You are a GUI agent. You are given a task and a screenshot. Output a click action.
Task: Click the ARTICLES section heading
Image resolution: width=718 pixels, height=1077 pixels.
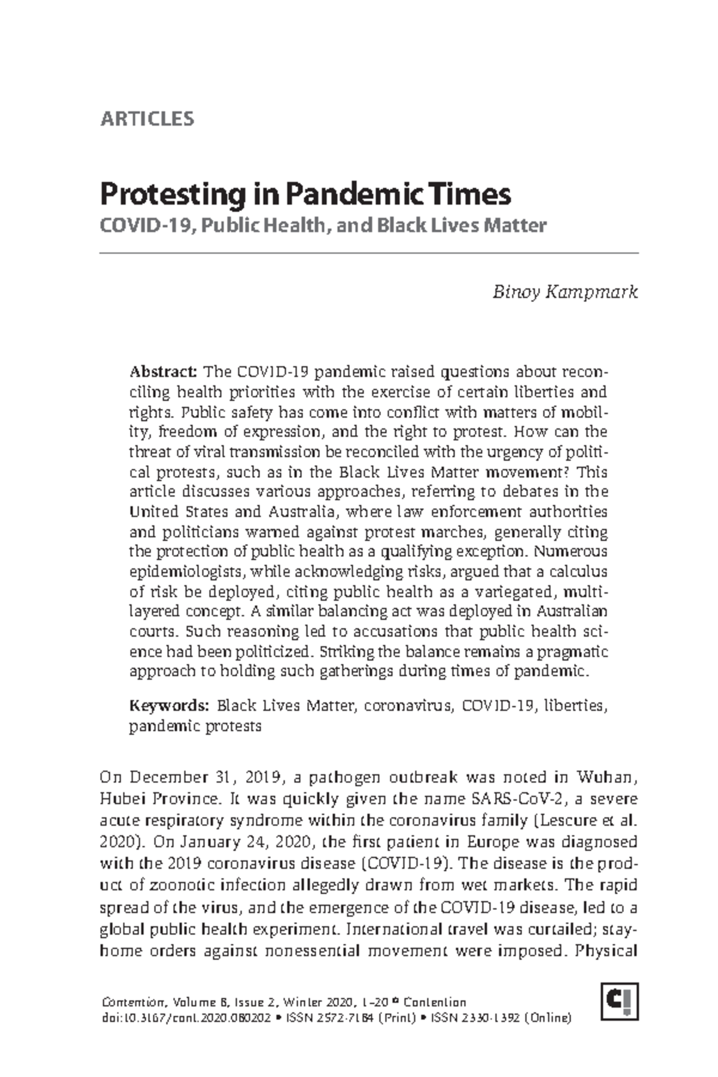tap(147, 118)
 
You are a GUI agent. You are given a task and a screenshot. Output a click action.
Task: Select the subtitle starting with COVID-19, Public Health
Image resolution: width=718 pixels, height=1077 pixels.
tap(323, 226)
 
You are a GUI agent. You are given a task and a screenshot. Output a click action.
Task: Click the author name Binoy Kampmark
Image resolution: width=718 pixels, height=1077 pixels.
tap(565, 292)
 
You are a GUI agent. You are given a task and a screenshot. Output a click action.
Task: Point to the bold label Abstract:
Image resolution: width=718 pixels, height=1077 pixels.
tap(163, 372)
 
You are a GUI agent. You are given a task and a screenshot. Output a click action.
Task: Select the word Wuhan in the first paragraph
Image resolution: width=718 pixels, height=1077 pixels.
tap(606, 777)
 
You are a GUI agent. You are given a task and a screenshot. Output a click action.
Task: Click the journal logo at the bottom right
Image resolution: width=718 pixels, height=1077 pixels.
tap(621, 1001)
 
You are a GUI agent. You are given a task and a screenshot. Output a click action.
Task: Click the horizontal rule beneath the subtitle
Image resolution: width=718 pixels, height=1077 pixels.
tap(369, 254)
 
